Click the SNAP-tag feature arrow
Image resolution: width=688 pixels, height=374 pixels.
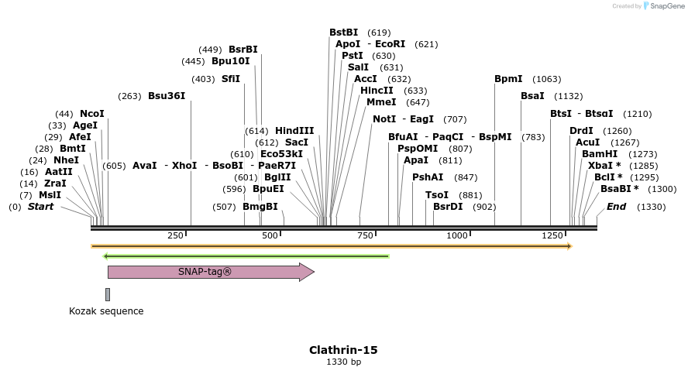click(x=209, y=272)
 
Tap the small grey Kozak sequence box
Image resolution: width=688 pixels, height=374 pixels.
click(x=108, y=294)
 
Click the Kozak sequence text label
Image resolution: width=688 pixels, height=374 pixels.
click(x=106, y=311)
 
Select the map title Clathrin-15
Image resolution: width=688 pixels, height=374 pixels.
click(x=343, y=350)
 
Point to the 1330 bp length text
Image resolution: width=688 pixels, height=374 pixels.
click(x=343, y=362)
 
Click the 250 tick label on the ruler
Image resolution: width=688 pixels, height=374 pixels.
click(x=175, y=235)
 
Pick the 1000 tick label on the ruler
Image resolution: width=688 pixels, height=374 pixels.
click(x=458, y=235)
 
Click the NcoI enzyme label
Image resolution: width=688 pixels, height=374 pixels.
click(x=91, y=114)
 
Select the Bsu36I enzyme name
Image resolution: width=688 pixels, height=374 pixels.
click(x=167, y=96)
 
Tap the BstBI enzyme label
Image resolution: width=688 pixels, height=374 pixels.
click(x=344, y=33)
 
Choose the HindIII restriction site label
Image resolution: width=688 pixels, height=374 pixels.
click(x=294, y=131)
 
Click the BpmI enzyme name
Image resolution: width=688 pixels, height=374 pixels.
click(x=508, y=79)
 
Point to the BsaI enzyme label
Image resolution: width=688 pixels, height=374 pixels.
click(x=532, y=96)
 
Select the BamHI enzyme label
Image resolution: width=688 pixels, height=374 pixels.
click(x=600, y=154)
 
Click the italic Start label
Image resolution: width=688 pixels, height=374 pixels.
click(x=41, y=207)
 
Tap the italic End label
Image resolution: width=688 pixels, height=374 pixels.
click(x=617, y=207)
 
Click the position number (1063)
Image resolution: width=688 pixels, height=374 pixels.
click(x=547, y=79)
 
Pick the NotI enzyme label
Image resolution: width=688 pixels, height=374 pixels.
click(x=384, y=119)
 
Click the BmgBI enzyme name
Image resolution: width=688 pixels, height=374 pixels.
click(x=260, y=207)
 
